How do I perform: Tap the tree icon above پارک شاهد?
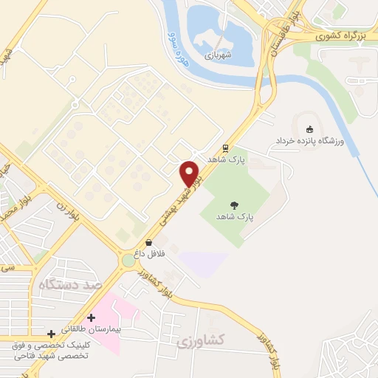tap(235, 206)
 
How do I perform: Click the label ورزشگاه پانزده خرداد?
tap(310, 140)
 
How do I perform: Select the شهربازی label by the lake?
tap(219, 54)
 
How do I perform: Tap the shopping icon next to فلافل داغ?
tap(149, 241)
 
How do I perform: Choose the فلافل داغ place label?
tap(148, 253)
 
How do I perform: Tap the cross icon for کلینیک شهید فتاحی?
tap(51, 334)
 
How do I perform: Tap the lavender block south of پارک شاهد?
tap(202, 262)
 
